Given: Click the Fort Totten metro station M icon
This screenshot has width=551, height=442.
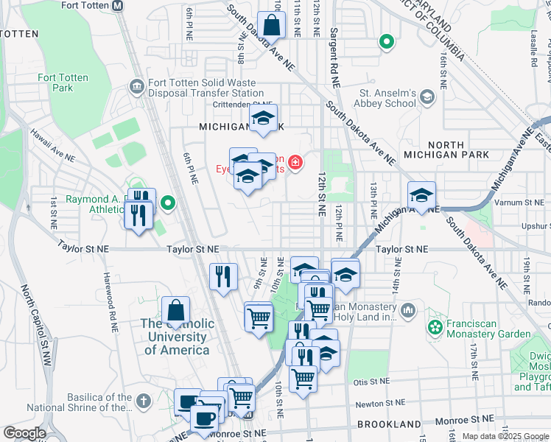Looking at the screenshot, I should tap(118, 5).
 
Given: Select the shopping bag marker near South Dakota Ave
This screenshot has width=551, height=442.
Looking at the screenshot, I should tap(271, 26).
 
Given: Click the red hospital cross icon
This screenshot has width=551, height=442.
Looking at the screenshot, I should tap(295, 162).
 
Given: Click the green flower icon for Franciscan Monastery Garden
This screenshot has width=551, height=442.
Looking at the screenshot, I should tap(435, 325).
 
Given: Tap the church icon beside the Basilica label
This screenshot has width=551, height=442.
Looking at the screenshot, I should tap(144, 402).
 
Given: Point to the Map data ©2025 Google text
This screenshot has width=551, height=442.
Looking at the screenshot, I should tap(505, 436).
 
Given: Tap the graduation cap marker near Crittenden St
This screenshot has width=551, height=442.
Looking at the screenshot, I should tap(262, 119).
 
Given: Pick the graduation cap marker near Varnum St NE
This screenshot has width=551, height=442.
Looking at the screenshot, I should tap(421, 196).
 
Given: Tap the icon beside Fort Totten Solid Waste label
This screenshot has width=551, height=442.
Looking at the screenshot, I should tap(136, 88).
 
